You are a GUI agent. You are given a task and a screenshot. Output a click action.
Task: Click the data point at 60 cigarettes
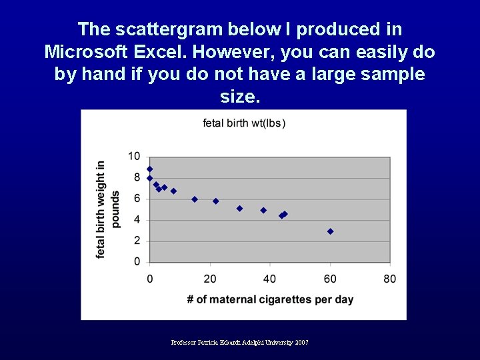pos(330,231)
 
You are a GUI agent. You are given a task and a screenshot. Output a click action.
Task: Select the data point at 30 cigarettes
pos(239,209)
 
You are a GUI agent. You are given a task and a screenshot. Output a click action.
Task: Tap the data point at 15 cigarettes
pos(195,199)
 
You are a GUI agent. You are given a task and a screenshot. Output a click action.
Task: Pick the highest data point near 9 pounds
pos(150,169)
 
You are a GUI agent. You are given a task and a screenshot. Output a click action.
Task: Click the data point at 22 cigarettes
pos(215,201)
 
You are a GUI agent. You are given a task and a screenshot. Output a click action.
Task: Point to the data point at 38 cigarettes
pos(263,211)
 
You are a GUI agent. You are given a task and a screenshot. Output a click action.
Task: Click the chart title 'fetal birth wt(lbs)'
pos(244,123)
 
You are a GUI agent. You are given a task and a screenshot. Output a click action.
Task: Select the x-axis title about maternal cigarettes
pos(270,299)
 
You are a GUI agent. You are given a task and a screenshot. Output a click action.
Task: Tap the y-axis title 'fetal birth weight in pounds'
pos(108,209)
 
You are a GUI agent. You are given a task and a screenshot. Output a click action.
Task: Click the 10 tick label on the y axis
pos(135,157)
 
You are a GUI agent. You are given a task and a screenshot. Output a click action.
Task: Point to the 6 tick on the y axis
pos(137,199)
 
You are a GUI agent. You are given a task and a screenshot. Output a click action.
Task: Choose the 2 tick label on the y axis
pos(137,241)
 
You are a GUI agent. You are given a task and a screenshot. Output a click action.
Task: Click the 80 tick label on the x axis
pos(390,279)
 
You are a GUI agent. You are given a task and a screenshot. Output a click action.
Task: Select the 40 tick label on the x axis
pos(270,279)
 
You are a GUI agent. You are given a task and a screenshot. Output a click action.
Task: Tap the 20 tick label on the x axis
pos(210,279)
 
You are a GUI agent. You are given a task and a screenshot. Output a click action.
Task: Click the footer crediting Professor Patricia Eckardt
pos(239,343)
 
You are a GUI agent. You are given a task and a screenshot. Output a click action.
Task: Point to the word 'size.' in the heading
pos(239,97)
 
